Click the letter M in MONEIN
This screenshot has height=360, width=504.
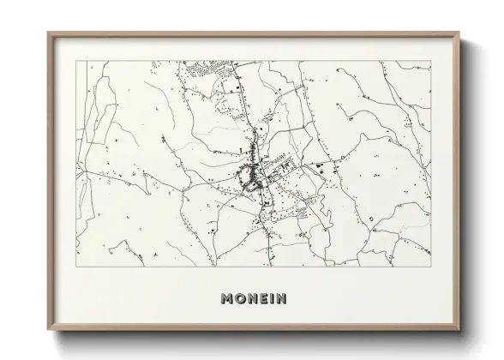pyautogui.click(x=228, y=299)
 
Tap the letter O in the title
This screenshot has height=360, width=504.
pyautogui.click(x=241, y=299)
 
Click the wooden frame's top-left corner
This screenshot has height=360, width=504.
pyautogui.click(x=47, y=32)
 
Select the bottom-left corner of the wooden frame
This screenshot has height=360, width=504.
pyautogui.click(x=47, y=328)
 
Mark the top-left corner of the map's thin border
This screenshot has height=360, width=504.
pyautogui.click(x=75, y=62)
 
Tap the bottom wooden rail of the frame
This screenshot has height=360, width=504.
pyautogui.click(x=255, y=326)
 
